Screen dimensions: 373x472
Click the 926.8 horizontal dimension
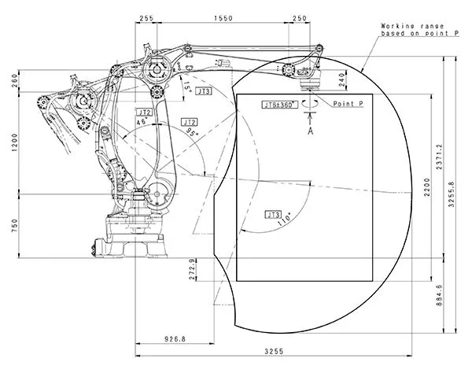[x=175, y=339]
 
